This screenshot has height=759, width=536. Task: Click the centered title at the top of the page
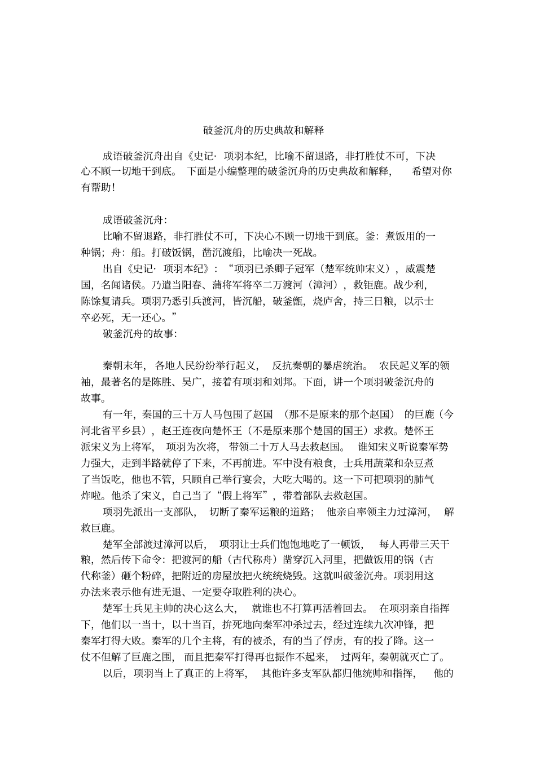coord(263,130)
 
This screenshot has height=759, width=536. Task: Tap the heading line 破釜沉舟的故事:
coord(140,333)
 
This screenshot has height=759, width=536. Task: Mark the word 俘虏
coord(329,641)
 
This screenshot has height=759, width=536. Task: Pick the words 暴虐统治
coord(347,365)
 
